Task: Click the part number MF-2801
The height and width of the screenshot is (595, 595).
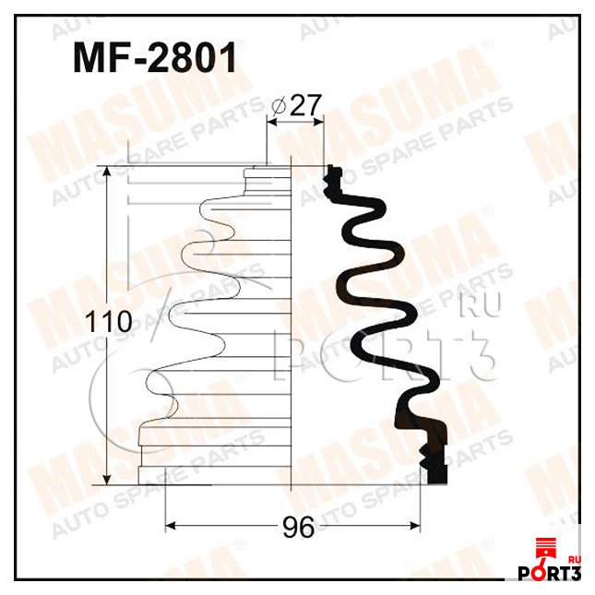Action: pyautogui.click(x=154, y=59)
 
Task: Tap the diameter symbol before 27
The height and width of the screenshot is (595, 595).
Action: pyautogui.click(x=280, y=107)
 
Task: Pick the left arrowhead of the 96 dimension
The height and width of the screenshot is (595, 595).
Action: pyautogui.click(x=170, y=528)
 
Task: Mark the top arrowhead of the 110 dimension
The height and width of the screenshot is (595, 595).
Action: pyautogui.click(x=109, y=173)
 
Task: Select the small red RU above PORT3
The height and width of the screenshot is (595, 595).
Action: pyautogui.click(x=577, y=558)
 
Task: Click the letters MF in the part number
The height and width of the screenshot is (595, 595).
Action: pyautogui.click(x=97, y=59)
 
